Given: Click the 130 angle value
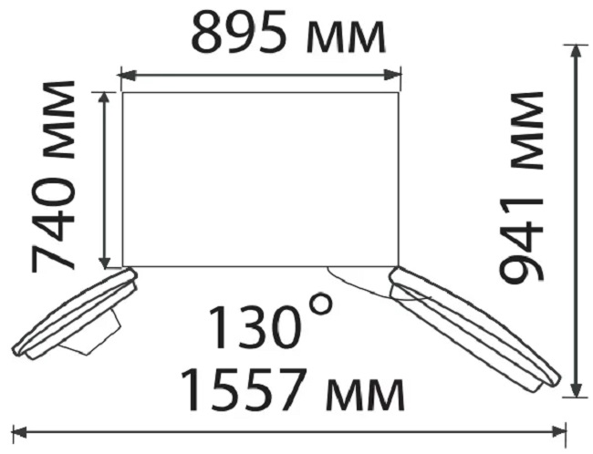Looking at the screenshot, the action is tap(256, 327).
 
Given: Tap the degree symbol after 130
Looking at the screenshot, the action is tap(321, 305).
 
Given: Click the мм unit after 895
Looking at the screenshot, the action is tap(346, 38).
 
